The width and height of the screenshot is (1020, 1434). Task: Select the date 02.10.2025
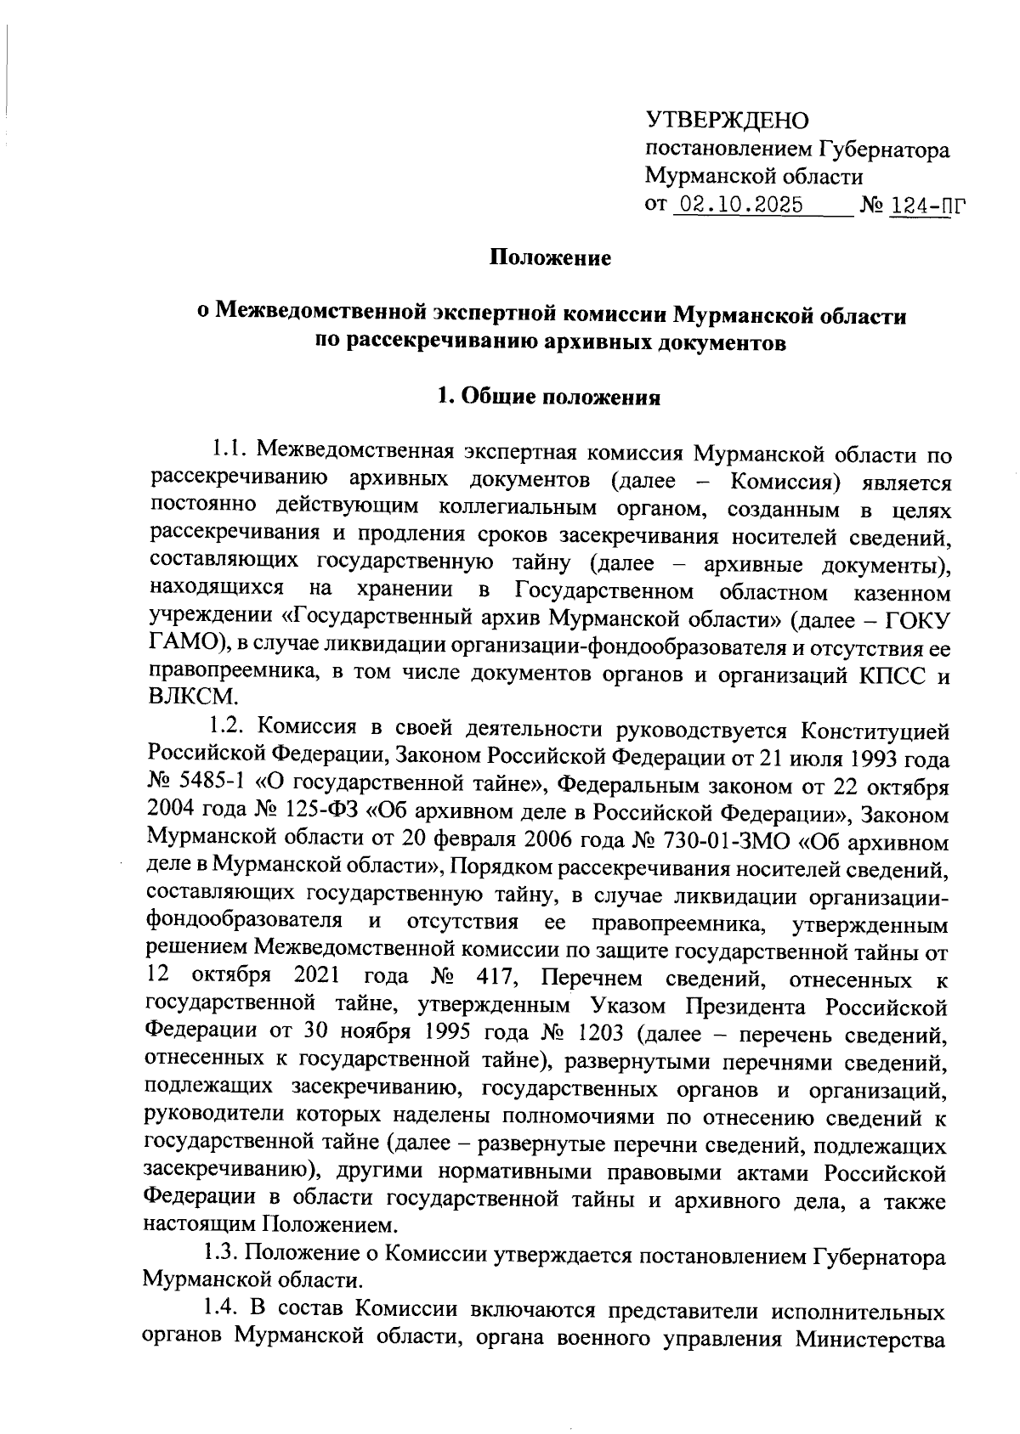(738, 206)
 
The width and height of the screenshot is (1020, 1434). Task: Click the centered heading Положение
(550, 258)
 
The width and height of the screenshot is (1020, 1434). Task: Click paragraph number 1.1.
(229, 448)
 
